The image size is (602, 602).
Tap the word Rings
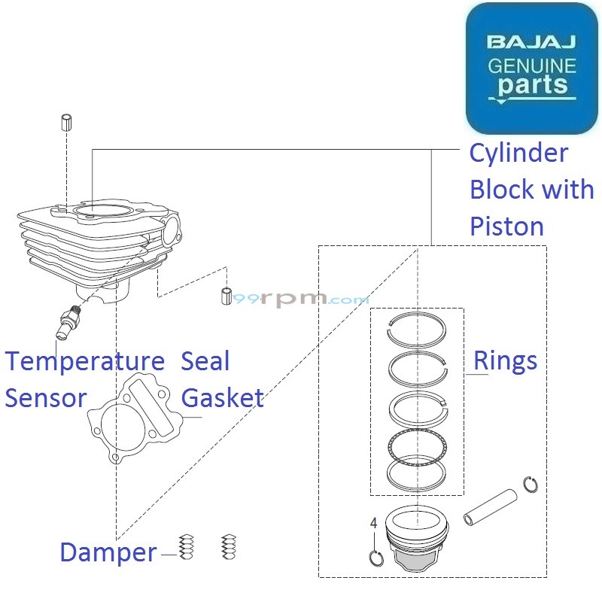point(505,361)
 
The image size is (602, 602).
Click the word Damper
point(108,552)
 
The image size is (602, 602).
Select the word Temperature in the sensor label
point(84,362)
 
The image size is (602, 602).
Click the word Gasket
point(223,398)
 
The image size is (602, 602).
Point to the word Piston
point(506,226)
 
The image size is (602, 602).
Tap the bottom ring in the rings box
point(417,473)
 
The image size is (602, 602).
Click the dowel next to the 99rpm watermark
point(225,296)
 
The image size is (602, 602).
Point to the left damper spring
point(187,547)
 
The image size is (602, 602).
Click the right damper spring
point(229,547)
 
